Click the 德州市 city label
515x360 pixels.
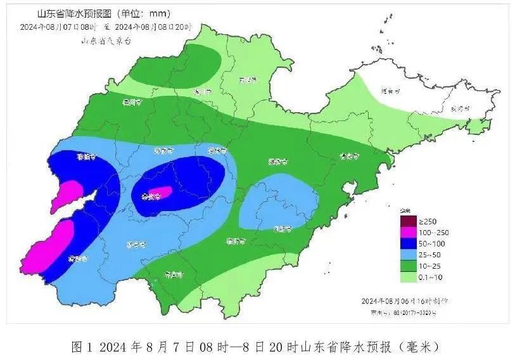coord(132,101)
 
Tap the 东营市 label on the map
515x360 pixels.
coord(248,80)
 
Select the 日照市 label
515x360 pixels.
coord(282,229)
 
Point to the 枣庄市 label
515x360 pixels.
coord(172,274)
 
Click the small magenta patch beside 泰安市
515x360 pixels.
coord(164,192)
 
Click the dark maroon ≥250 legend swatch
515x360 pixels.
coord(408,220)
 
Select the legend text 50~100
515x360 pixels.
coord(432,243)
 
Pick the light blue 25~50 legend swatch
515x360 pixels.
coord(408,254)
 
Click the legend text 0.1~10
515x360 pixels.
coord(432,277)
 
